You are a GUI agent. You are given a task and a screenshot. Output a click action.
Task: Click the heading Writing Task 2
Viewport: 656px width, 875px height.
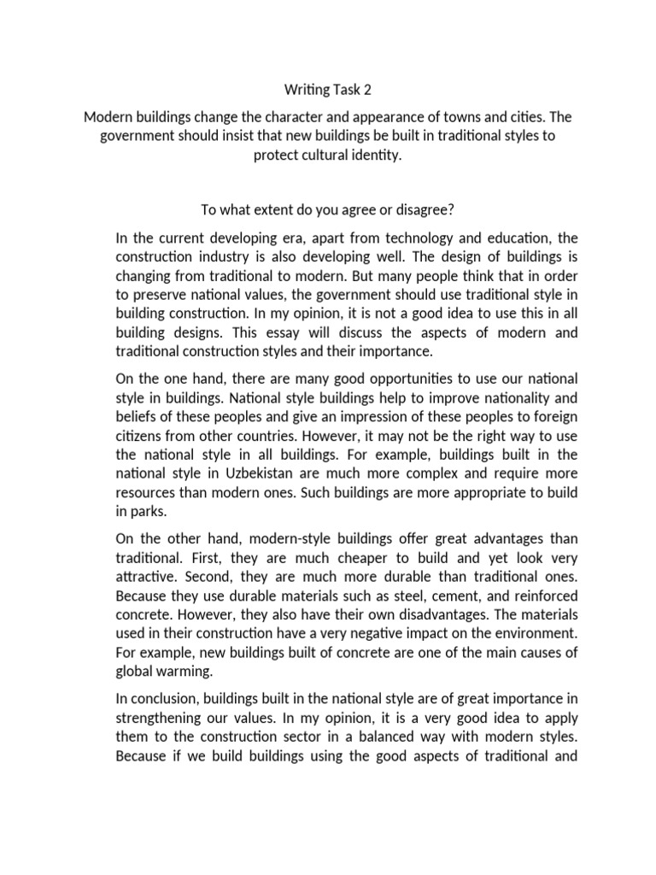click(x=327, y=88)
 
